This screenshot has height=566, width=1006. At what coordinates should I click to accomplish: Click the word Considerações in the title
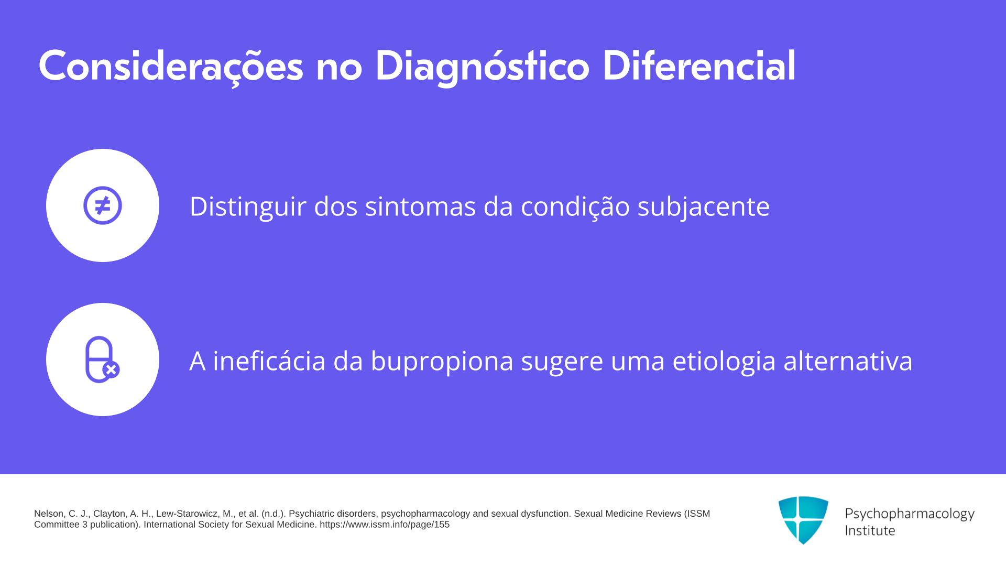(x=171, y=67)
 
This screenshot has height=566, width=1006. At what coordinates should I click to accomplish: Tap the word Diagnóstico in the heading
(x=482, y=67)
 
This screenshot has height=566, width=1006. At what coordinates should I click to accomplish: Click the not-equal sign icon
(x=103, y=205)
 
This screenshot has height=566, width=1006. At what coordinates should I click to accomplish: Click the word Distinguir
(x=248, y=206)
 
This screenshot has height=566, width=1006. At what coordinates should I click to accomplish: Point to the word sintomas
(x=420, y=206)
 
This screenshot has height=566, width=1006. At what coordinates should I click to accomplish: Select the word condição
(x=575, y=206)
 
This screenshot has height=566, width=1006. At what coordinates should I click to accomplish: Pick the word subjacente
(x=704, y=206)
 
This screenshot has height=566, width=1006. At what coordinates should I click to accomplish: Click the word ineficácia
(x=269, y=361)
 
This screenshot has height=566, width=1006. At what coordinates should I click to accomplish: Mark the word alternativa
(x=848, y=361)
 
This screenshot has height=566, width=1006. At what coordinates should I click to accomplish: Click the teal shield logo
(x=803, y=520)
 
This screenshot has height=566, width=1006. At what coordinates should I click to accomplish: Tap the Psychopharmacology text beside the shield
(x=910, y=514)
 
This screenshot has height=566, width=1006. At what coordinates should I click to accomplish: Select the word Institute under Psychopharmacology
(x=870, y=530)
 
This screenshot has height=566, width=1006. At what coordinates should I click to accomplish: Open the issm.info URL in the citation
(x=385, y=525)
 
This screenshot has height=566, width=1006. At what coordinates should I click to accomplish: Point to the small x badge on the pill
(x=111, y=370)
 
